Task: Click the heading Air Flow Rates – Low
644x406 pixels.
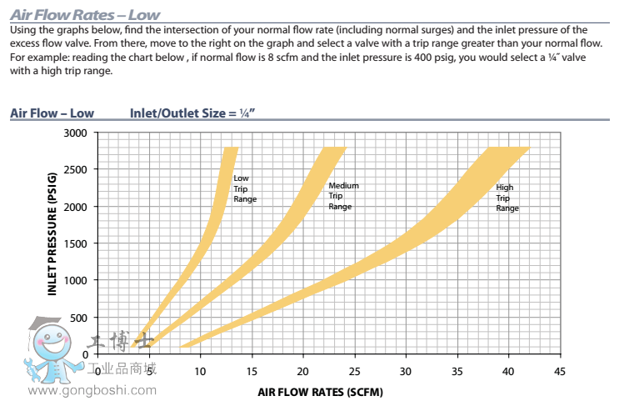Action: point(85,15)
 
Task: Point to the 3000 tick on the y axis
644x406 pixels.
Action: point(75,133)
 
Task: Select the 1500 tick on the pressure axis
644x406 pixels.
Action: point(75,243)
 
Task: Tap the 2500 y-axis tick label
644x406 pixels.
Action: point(75,169)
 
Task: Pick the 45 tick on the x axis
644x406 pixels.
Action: point(559,371)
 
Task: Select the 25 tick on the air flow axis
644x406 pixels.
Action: point(354,371)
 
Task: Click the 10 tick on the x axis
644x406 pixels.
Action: point(200,371)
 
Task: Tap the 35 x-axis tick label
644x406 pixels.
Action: point(457,371)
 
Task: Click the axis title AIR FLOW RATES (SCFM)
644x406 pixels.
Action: point(321,391)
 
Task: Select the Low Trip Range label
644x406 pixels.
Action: point(244,188)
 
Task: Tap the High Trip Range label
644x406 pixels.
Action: point(507,198)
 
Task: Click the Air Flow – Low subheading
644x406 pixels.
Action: point(52,113)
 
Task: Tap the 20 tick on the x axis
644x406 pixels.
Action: point(302,371)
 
